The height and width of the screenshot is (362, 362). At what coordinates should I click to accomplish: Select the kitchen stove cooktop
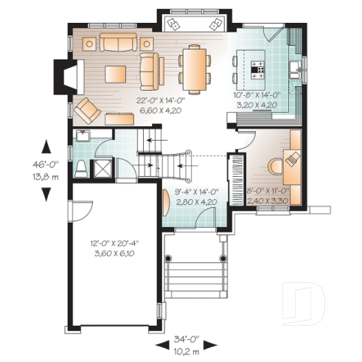click(x=260, y=71)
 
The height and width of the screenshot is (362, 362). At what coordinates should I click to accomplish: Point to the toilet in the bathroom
click(x=81, y=169)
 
